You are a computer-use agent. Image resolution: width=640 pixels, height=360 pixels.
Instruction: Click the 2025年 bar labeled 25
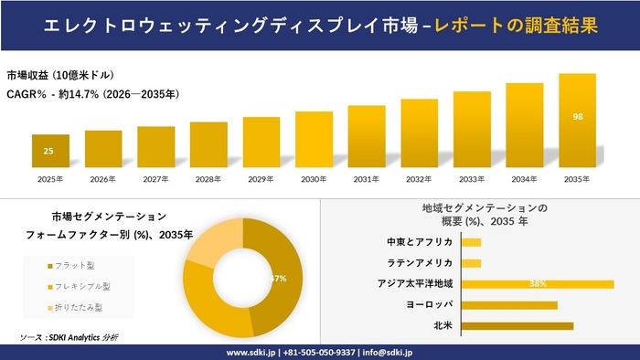pyautogui.click(x=50, y=151)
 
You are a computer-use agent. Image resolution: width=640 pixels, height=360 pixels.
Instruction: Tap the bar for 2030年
pyautogui.click(x=314, y=139)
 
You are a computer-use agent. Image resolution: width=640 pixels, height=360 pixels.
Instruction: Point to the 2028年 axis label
pyautogui.click(x=208, y=178)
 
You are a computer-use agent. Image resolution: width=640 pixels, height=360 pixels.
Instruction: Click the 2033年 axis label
pyautogui.click(x=472, y=178)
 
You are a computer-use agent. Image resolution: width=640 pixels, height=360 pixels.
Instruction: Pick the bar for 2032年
pyautogui.click(x=419, y=132)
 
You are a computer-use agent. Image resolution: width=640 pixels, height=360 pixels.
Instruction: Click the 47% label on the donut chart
pyautogui.click(x=279, y=278)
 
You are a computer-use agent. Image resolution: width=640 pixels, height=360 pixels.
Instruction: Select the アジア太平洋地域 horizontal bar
pyautogui.click(x=538, y=284)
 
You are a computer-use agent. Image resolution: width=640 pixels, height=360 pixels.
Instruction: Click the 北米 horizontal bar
pyautogui.click(x=517, y=325)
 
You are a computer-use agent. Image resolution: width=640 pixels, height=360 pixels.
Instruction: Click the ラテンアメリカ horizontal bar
pyautogui.click(x=472, y=263)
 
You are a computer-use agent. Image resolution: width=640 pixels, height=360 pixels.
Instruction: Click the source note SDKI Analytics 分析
pyautogui.click(x=69, y=337)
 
